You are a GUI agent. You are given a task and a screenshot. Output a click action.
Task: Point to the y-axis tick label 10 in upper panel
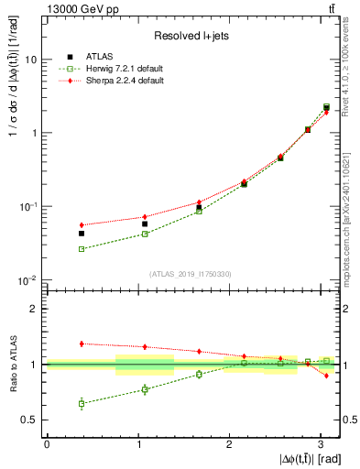(30, 60)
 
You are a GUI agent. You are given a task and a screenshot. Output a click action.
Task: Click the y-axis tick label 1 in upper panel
(34, 133)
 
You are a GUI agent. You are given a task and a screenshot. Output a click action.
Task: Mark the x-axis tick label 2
(229, 444)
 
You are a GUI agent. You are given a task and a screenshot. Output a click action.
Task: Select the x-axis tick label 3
(321, 444)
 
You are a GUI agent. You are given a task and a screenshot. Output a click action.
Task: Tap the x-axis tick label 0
(47, 444)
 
